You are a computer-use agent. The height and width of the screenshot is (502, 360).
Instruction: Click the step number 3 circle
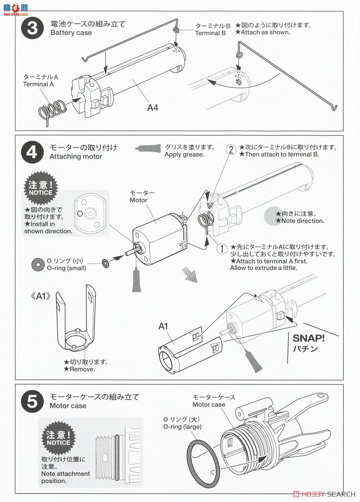[32, 29]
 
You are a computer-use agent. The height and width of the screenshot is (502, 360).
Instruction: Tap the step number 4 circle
[32, 151]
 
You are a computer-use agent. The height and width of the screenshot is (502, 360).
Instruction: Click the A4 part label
[152, 108]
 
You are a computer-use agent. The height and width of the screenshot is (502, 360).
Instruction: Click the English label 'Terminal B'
[211, 33]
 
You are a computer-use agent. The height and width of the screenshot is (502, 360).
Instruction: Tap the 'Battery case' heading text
[71, 33]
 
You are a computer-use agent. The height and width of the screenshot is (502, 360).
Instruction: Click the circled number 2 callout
[231, 149]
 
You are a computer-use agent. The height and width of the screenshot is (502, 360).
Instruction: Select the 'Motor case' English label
[209, 405]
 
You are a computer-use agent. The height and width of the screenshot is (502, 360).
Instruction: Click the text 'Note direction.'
[299, 220]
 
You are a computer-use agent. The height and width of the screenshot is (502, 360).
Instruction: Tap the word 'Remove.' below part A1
[82, 369]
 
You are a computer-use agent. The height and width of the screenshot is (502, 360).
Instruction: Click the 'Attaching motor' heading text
[75, 156]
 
